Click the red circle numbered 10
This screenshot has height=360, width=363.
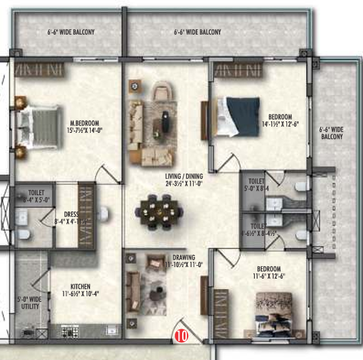pos(181,334)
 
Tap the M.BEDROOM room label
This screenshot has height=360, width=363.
pos(83,123)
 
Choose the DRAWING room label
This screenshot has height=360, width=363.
pos(183,258)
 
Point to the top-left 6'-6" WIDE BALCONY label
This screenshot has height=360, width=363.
pos(70,32)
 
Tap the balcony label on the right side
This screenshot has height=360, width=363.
pos(332,132)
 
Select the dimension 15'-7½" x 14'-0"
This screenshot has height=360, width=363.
pos(83,131)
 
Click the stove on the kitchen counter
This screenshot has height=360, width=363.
pos(70,331)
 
